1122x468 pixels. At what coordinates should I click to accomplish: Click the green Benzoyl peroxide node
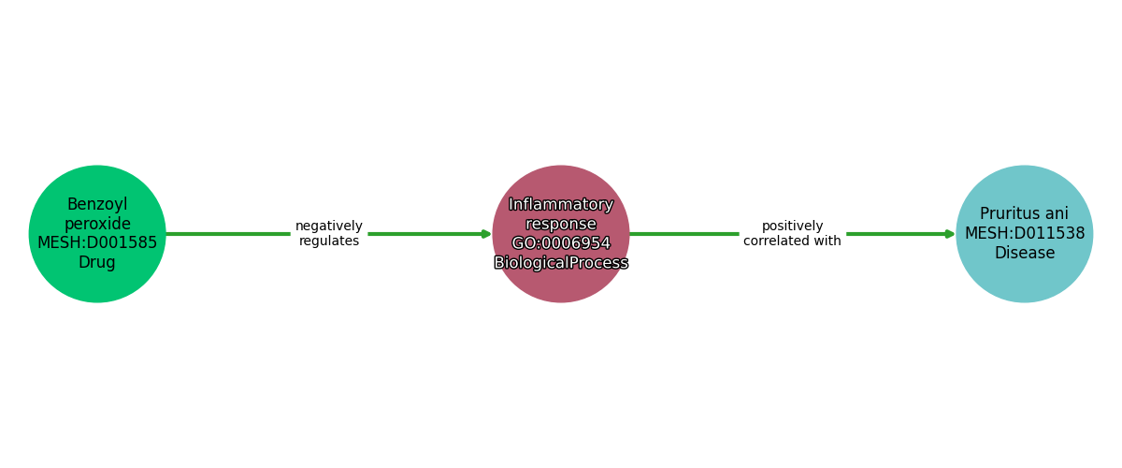coord(97,234)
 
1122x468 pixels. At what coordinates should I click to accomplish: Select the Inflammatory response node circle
coord(561,234)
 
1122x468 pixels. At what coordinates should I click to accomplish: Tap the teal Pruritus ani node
coord(1025,234)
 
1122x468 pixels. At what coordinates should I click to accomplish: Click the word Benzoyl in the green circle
coord(97,204)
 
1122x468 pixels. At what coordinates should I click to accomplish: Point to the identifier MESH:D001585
coord(97,242)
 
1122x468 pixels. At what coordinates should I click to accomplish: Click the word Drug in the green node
coord(97,262)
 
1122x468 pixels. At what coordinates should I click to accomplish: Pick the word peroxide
coord(97,224)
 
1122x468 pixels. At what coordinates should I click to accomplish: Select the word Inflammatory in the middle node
coord(561,204)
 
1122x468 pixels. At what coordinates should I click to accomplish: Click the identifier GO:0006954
coord(561,243)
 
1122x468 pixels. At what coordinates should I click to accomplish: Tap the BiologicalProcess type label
coord(561,262)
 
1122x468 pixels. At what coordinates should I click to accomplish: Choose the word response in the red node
coord(561,224)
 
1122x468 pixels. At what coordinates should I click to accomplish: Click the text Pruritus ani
coord(1025,213)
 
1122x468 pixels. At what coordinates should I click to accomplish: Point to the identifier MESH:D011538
coord(1025,233)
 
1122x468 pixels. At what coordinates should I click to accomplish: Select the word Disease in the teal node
coord(1025,253)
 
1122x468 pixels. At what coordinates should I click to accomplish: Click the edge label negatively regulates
coord(329,233)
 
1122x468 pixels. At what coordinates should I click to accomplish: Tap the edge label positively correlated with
coord(792,233)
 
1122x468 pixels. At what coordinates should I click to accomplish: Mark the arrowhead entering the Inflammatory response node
coord(486,234)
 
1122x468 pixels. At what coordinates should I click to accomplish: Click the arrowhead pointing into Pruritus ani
coord(950,234)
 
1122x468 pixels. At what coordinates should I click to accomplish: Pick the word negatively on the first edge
coord(329,227)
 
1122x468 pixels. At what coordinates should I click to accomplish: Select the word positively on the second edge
coord(792,227)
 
